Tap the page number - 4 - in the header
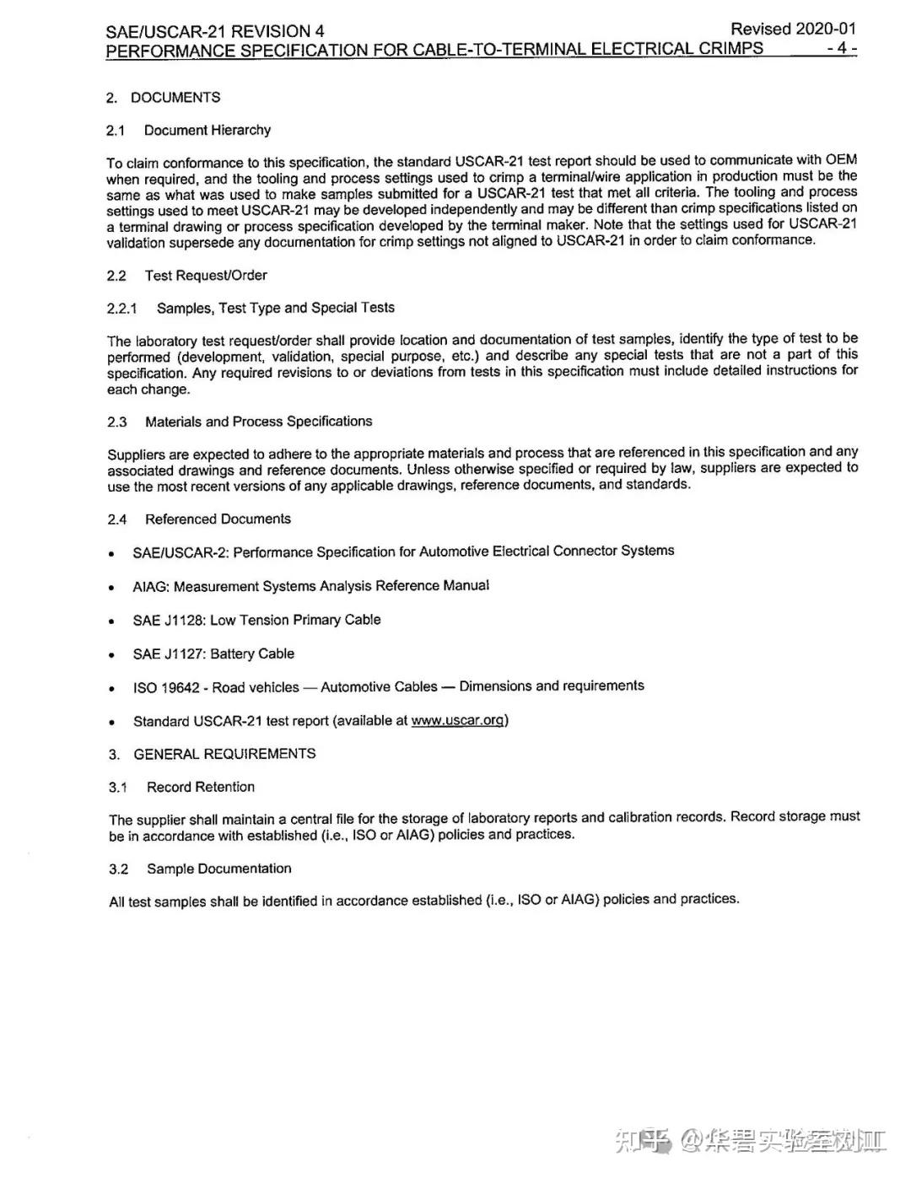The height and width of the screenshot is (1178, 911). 841,48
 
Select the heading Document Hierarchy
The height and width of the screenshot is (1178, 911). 208,130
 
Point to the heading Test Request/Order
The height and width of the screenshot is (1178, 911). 206,276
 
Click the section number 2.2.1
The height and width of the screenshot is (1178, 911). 121,309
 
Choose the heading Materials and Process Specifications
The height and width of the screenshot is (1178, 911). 258,422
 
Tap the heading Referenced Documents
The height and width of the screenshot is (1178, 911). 218,519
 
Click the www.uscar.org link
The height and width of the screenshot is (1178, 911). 458,720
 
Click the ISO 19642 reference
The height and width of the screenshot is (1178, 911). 166,688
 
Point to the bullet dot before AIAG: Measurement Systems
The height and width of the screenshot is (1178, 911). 112,589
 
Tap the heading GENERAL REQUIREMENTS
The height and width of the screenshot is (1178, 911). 224,754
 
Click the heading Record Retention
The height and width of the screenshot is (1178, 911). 201,787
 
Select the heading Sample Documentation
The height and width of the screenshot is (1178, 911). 218,869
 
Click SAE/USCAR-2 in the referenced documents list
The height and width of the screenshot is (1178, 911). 180,553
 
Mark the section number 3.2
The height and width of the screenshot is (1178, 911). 119,869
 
